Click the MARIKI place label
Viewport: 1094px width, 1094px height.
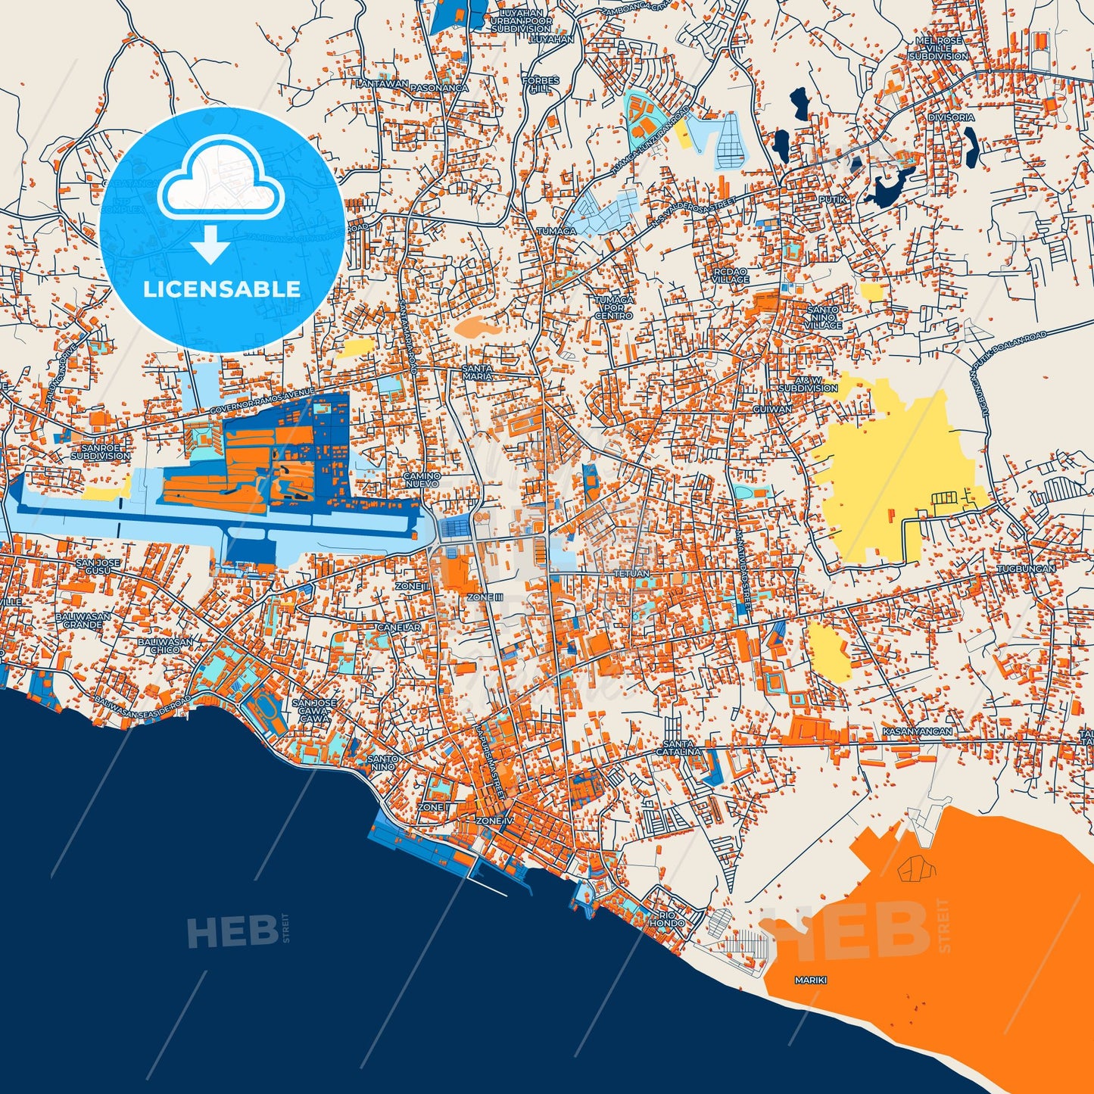(x=810, y=980)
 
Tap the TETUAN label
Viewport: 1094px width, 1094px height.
(x=631, y=574)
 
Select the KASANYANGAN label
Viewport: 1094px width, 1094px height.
(x=917, y=732)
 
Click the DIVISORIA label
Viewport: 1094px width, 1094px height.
(x=951, y=117)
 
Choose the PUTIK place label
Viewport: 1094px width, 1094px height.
(x=831, y=199)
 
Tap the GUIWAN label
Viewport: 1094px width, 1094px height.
(x=772, y=409)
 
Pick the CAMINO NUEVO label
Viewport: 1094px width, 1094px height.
(x=422, y=479)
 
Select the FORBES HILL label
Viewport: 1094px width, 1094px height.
(x=541, y=84)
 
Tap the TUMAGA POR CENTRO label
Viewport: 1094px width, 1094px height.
(x=613, y=307)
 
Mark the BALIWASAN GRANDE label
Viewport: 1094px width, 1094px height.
(x=83, y=621)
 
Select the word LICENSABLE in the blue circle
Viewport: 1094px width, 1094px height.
(x=222, y=289)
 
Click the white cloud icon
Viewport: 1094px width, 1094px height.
(x=221, y=182)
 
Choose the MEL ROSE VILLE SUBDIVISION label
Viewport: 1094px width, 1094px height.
(x=938, y=48)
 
